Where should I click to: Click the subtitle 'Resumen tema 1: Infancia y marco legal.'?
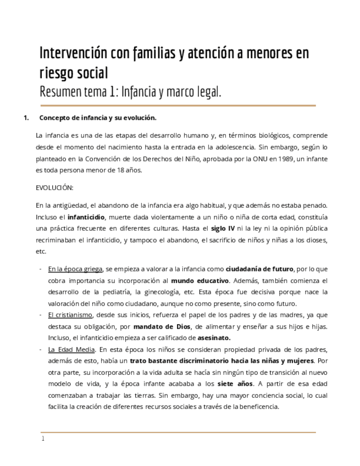130,91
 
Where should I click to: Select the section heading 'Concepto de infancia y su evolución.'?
98,118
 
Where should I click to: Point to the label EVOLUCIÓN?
54,187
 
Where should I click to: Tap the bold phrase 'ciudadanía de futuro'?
259,269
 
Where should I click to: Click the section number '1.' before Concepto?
25,118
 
